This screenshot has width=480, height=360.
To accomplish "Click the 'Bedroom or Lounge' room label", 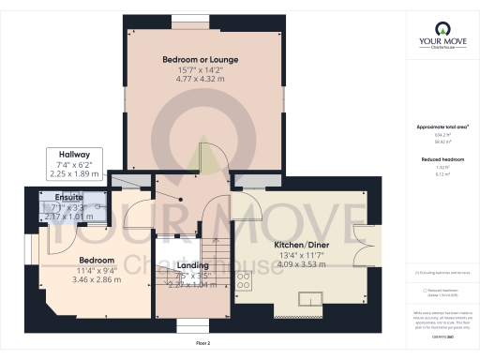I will coord(198,59).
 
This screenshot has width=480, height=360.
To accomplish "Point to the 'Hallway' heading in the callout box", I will coord(75,155).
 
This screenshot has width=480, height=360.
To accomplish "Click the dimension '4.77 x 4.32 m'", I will coord(198,81).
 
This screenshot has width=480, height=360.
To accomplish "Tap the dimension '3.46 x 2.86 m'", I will coord(97,280).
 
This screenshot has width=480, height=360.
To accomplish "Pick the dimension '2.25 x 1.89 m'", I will coord(75,173).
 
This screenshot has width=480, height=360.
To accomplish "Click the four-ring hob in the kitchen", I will coord(244,278).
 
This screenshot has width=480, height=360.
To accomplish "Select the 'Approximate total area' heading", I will coord(441,127).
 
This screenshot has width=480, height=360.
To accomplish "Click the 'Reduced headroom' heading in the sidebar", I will coord(441,160).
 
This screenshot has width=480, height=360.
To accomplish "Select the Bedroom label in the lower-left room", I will coord(97,260).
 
